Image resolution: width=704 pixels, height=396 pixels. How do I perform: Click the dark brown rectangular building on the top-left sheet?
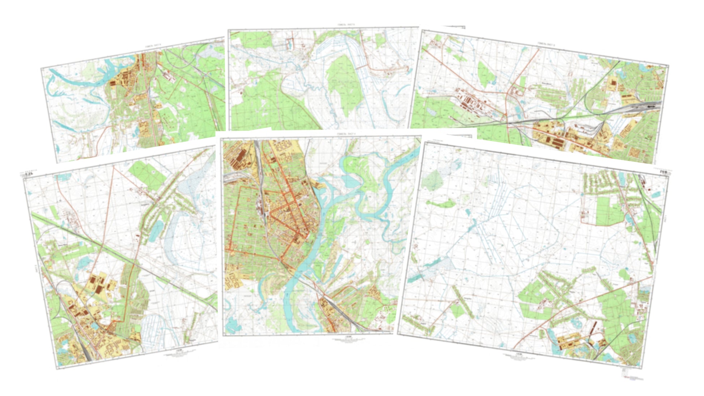[x=113, y=83]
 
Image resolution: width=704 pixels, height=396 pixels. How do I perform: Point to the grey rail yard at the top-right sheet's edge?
[x=648, y=106]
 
